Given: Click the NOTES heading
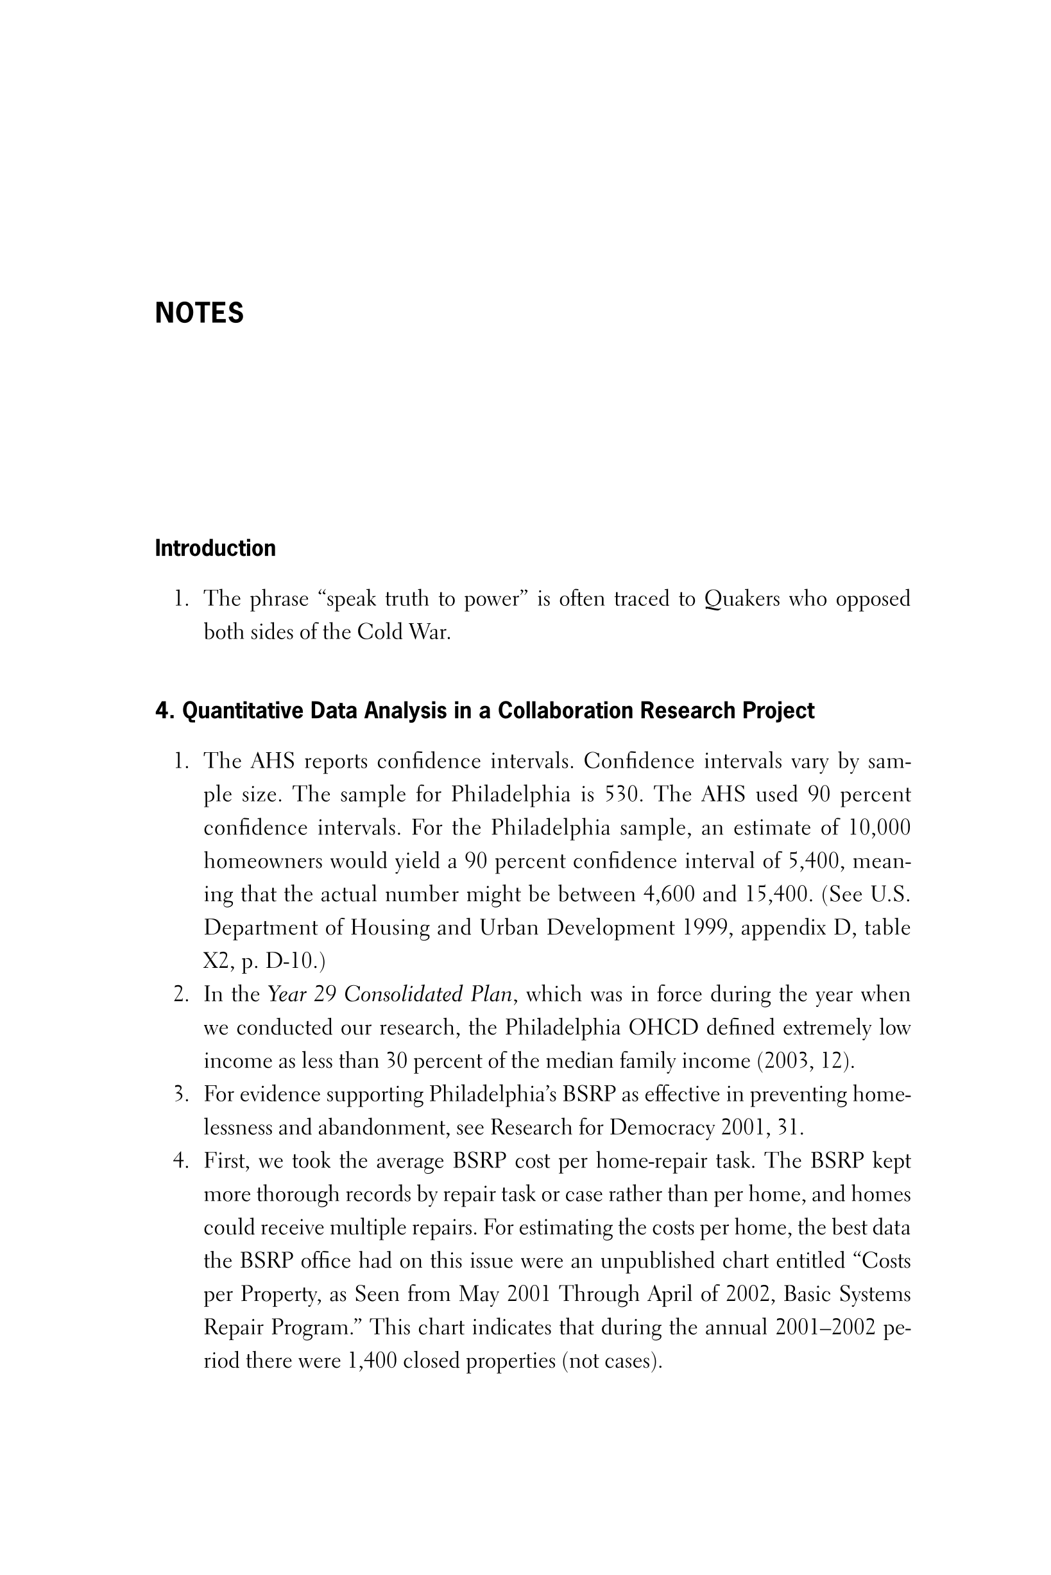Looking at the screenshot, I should pos(199,313).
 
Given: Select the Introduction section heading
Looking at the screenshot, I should pos(215,548).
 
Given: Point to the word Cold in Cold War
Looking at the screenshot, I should pos(378,632).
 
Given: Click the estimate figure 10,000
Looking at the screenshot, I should pos(880,828).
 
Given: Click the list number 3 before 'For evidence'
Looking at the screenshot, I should pos(179,1094).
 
